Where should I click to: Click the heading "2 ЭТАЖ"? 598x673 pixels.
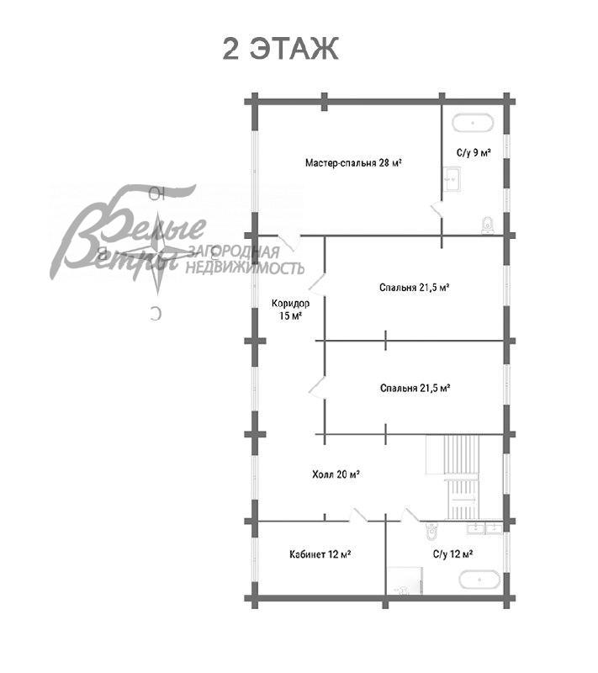pyautogui.click(x=280, y=48)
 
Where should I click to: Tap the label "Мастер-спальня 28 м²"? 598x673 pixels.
pyautogui.click(x=353, y=162)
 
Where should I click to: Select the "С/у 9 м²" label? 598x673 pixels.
pyautogui.click(x=474, y=153)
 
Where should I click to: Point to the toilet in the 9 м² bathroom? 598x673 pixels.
pyautogui.click(x=486, y=225)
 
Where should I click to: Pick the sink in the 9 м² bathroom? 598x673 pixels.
pyautogui.click(x=452, y=178)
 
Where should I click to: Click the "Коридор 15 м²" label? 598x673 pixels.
pyautogui.click(x=290, y=310)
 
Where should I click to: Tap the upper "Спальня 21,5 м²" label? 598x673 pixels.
pyautogui.click(x=415, y=287)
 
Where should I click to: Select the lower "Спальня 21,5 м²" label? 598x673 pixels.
pyautogui.click(x=415, y=388)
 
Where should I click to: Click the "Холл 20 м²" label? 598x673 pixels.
pyautogui.click(x=336, y=474)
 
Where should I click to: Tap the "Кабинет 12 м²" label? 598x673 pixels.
pyautogui.click(x=320, y=554)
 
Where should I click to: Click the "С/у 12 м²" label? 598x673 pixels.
pyautogui.click(x=452, y=554)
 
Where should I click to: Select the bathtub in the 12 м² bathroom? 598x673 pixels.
pyautogui.click(x=479, y=580)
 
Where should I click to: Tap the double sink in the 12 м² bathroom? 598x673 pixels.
pyautogui.click(x=484, y=528)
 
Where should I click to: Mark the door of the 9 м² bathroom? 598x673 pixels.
pyautogui.click(x=437, y=210)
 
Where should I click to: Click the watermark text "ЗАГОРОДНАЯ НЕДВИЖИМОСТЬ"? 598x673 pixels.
pyautogui.click(x=243, y=260)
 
